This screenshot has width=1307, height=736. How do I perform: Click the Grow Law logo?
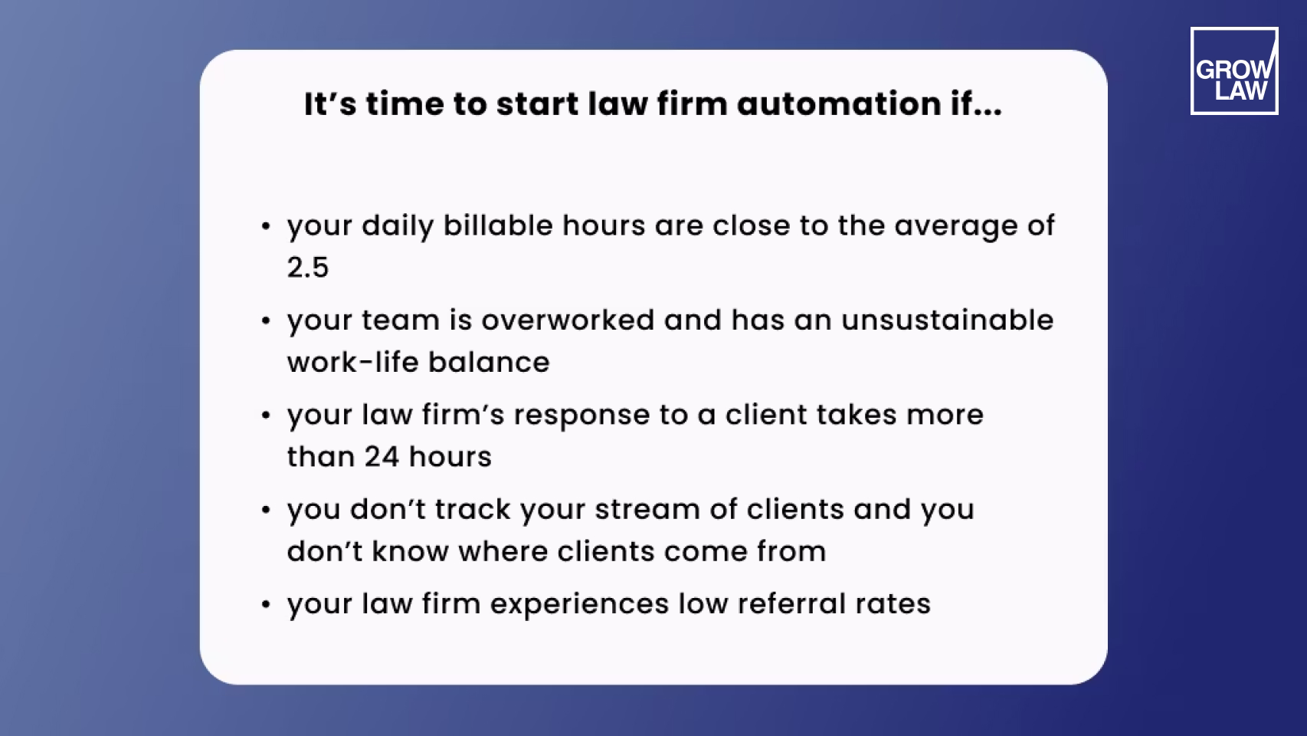pyautogui.click(x=1233, y=71)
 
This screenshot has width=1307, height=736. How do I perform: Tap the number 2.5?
pyautogui.click(x=307, y=268)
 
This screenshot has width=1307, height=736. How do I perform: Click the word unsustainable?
pyautogui.click(x=947, y=320)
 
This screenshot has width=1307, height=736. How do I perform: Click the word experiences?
pyautogui.click(x=579, y=604)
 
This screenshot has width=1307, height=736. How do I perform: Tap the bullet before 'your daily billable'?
pyautogui.click(x=266, y=227)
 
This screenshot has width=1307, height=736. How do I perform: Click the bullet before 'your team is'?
pyautogui.click(x=266, y=321)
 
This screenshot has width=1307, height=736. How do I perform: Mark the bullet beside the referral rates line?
pyautogui.click(x=266, y=605)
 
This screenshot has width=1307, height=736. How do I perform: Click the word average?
pyautogui.click(x=956, y=227)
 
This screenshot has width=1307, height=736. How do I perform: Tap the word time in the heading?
pyautogui.click(x=404, y=104)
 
